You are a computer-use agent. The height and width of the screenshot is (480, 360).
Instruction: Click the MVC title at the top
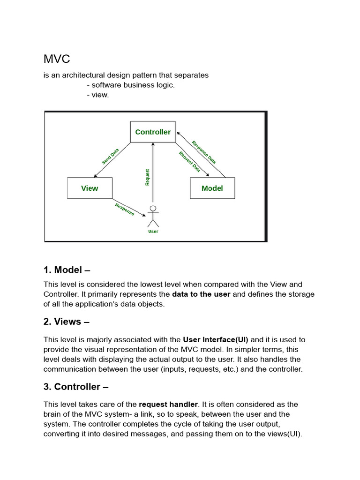(57, 60)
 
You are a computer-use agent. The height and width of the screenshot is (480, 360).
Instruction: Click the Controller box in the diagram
(153, 132)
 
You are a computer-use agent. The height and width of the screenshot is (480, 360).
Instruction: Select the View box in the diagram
(90, 188)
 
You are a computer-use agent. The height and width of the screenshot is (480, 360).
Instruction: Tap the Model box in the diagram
(212, 188)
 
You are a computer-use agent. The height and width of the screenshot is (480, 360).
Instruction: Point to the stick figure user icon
(153, 216)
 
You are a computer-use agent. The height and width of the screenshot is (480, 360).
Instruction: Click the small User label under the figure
(153, 232)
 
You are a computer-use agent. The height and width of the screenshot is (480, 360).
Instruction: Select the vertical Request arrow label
(148, 177)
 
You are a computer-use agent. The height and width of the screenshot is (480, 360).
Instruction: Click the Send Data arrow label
(111, 156)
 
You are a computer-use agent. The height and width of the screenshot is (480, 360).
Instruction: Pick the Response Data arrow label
(204, 151)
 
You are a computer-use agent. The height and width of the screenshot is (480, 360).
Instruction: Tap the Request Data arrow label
(189, 162)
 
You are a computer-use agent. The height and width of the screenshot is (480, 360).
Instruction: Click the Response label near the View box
(125, 210)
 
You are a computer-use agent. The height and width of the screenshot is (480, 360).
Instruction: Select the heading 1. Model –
(67, 270)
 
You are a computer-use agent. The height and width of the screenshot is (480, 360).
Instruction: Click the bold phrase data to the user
(201, 294)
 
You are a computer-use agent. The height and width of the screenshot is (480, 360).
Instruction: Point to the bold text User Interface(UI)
(215, 339)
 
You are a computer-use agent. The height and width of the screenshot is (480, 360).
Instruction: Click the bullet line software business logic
(131, 85)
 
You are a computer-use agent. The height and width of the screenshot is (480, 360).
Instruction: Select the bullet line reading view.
(98, 95)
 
